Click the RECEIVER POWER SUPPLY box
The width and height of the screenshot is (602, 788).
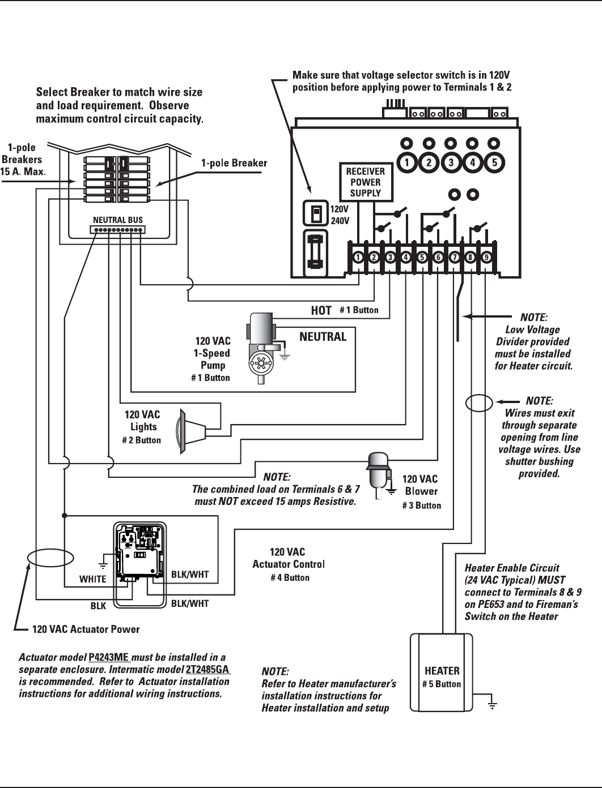[x=366, y=182]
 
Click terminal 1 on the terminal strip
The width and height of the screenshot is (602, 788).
[x=358, y=258]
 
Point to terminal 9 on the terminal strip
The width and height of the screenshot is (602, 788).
[x=486, y=258]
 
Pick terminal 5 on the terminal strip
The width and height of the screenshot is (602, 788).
[x=422, y=258]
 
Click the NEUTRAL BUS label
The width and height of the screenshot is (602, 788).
[x=118, y=220]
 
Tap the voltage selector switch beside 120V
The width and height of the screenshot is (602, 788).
[x=316, y=214]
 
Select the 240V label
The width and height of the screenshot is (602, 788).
[x=340, y=220]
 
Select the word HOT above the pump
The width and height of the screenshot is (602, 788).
[x=321, y=310]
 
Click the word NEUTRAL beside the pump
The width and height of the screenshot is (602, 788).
[x=323, y=337]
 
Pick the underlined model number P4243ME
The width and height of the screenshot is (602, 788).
[x=109, y=657]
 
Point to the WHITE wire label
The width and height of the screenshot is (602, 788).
[x=92, y=579]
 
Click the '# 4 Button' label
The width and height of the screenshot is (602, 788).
[x=290, y=577]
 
